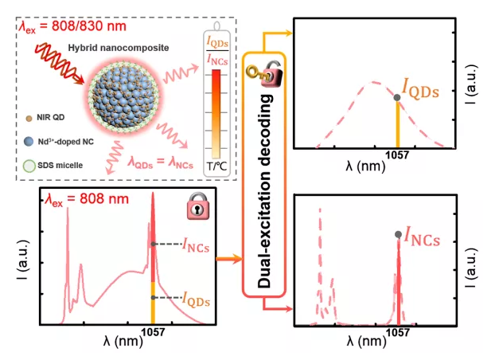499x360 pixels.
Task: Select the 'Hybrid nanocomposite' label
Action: coord(119,48)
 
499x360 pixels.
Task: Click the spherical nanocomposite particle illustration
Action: coord(123,97)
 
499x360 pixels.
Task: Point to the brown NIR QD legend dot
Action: coord(29,119)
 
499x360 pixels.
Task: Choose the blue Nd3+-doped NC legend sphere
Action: coord(29,142)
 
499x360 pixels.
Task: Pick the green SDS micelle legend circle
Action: coord(29,166)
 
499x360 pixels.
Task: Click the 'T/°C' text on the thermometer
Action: coord(216,166)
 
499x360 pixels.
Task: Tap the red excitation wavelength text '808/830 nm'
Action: coord(89,26)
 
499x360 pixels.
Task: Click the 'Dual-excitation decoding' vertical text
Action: coord(265,191)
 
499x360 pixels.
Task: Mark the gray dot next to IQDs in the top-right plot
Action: coord(397,97)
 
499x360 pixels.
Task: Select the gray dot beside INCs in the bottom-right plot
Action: coord(398,234)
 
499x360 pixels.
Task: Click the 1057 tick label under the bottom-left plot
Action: coord(153,332)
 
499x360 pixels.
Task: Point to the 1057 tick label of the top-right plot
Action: coord(397,155)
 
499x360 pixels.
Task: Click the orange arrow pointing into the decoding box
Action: coord(229,258)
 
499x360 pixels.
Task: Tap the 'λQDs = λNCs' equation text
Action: coord(161,162)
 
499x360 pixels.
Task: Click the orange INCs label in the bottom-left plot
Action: coord(196,245)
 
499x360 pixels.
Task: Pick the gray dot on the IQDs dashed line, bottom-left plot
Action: coord(153,298)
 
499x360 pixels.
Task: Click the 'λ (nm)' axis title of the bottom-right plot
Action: coord(366,341)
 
